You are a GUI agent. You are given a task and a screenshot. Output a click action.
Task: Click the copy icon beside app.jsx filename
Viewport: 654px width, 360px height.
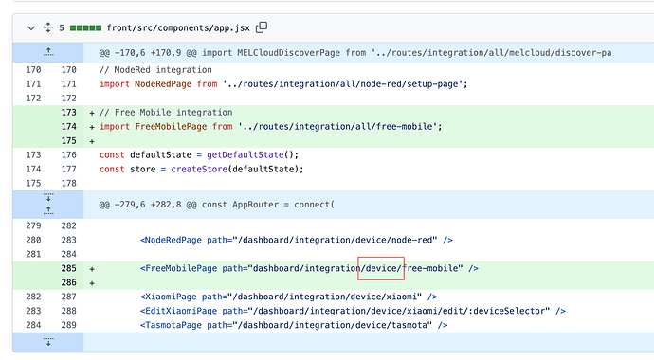click(262, 27)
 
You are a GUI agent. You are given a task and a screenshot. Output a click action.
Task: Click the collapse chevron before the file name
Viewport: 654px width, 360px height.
click(31, 28)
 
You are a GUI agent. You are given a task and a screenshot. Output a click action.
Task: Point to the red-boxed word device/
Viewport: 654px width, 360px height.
click(381, 268)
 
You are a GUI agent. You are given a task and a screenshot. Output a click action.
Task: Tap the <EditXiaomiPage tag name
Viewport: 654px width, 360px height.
click(182, 311)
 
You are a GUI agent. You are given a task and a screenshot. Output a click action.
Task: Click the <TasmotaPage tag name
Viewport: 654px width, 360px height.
click(175, 325)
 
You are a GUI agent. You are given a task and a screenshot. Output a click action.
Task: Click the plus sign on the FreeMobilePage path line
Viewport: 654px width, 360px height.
click(92, 268)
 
